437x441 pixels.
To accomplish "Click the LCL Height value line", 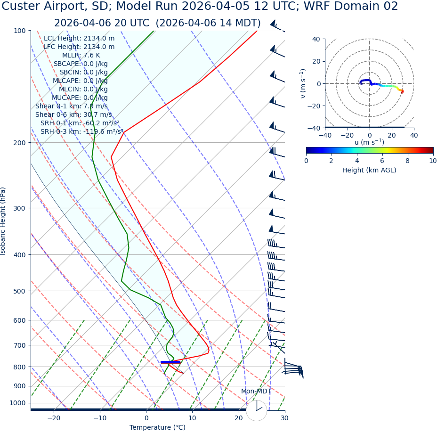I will click(x=79, y=38).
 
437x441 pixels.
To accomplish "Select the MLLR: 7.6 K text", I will click(x=81, y=55).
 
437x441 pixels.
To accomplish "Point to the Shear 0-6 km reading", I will click(x=73, y=114).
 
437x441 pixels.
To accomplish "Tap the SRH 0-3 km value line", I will click(x=81, y=131).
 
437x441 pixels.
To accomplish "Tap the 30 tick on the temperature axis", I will click(x=284, y=418).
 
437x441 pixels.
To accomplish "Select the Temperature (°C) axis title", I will click(x=157, y=427).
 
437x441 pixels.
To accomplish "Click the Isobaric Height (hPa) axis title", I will click(x=3, y=221).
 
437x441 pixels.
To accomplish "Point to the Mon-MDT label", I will click(x=256, y=391).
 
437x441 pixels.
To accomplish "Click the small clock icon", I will click(x=257, y=410).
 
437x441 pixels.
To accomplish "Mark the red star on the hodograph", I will click(x=402, y=91).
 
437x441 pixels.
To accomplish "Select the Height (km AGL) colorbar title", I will click(x=369, y=170).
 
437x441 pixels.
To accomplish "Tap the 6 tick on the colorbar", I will click(x=382, y=161).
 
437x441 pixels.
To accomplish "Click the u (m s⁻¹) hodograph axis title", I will click(x=369, y=142).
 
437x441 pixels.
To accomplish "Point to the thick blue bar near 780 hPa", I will click(x=170, y=362).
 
